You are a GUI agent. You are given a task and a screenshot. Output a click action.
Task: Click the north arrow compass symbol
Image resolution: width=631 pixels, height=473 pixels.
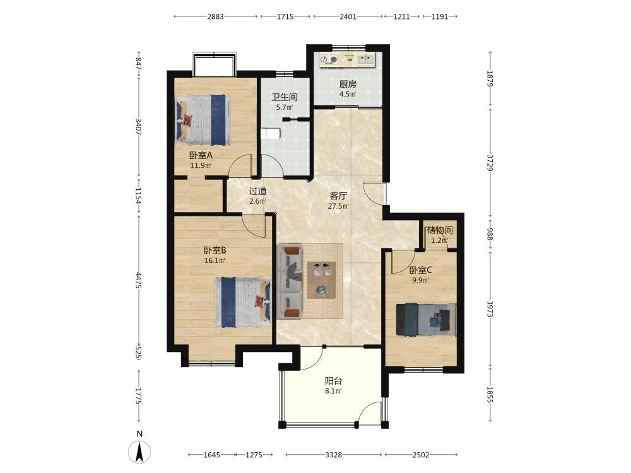(139, 452)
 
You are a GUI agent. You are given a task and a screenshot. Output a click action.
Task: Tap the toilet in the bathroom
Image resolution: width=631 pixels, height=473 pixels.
(271, 134)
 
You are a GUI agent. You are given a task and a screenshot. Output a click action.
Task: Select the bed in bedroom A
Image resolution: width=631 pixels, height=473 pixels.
(204, 120)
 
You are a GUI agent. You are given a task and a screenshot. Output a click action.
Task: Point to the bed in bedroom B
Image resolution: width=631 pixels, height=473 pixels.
(243, 301)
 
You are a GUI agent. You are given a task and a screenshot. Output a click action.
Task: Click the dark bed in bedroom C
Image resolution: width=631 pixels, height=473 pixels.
(426, 319)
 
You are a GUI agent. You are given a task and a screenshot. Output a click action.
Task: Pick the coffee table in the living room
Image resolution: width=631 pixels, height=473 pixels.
(322, 280)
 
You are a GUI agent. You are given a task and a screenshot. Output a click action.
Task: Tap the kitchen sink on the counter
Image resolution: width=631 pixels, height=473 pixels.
(366, 59)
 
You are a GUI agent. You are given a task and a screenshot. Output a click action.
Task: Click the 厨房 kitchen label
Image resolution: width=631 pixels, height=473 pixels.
(348, 84)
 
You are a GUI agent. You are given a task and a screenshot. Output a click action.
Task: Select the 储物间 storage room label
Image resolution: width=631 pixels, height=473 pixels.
(440, 230)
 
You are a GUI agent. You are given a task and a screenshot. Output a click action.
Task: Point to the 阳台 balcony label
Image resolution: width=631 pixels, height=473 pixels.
(334, 381)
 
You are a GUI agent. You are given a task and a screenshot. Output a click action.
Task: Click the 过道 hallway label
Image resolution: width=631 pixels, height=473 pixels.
(257, 191)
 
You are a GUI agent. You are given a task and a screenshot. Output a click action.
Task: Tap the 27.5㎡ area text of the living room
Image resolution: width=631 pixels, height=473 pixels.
(338, 206)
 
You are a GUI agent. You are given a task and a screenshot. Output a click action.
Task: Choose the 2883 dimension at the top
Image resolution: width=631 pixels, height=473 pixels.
(215, 16)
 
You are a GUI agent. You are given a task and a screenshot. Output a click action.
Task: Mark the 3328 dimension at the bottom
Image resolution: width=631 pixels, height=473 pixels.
(334, 455)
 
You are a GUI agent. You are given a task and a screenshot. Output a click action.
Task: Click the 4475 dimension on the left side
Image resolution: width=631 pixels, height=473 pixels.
(138, 281)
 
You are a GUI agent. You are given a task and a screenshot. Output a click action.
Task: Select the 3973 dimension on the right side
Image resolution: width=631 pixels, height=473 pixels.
(490, 309)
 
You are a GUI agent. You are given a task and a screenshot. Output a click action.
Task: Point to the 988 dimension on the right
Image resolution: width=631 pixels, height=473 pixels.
(490, 234)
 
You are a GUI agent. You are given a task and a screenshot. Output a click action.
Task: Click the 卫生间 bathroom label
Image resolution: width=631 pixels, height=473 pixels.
(285, 97)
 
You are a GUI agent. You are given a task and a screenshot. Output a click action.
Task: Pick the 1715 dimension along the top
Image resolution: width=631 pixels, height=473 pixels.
(285, 16)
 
